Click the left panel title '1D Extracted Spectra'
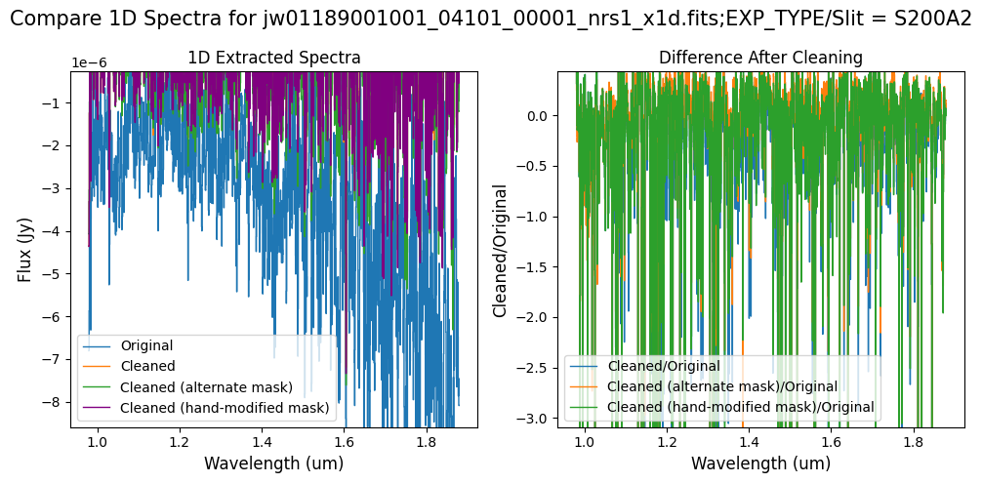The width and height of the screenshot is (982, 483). (273, 58)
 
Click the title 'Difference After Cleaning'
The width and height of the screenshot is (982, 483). (760, 58)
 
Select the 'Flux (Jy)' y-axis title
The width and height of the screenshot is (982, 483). (24, 249)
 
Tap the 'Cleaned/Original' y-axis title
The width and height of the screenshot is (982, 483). (501, 249)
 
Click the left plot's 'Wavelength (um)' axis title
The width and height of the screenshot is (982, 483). (273, 463)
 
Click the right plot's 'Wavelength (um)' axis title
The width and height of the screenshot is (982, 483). (760, 463)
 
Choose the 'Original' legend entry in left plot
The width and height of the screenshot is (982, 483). (146, 345)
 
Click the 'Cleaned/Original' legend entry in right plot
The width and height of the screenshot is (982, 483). (664, 366)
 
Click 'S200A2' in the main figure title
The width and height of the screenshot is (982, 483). (932, 20)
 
